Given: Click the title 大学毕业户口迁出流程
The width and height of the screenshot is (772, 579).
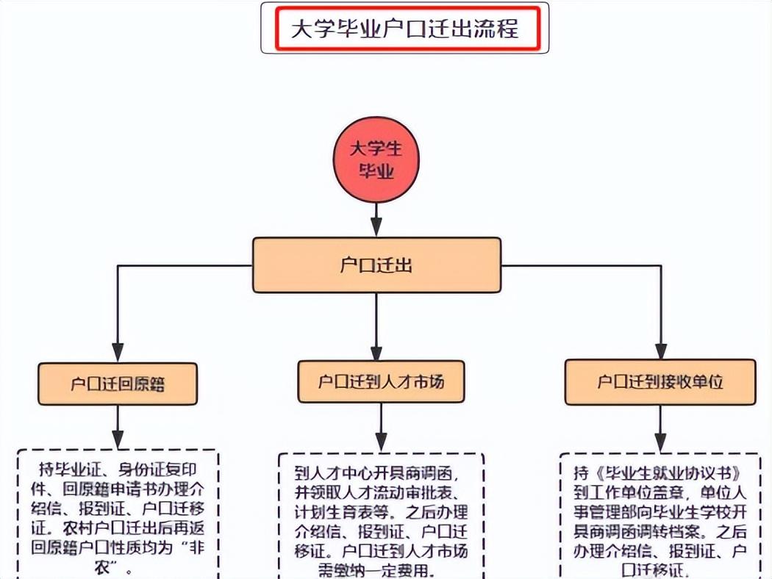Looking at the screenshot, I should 406,29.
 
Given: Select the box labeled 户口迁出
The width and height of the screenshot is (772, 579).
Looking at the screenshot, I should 376,265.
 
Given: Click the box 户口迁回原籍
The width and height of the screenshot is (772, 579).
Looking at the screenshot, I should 118,384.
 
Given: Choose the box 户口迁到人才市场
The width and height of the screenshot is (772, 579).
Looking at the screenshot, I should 381,381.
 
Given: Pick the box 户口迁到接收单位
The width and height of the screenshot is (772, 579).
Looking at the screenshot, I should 660,381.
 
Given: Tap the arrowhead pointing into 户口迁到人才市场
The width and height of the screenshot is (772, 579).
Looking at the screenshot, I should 376,350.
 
